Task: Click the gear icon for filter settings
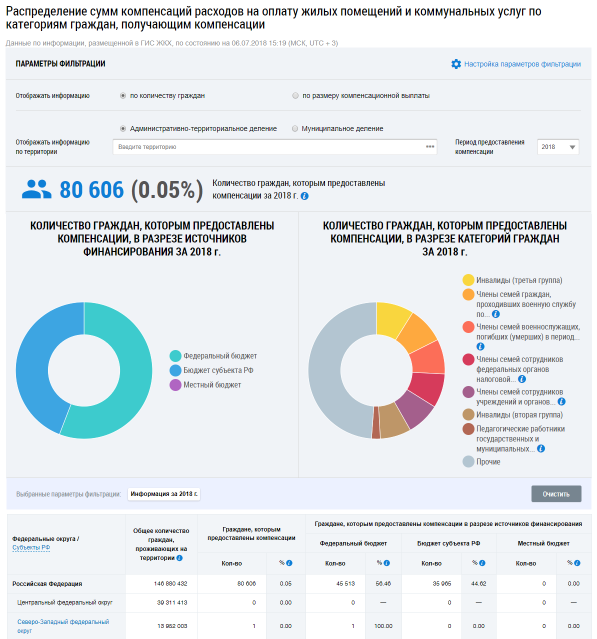click(x=456, y=64)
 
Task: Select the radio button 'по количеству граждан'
click(x=123, y=95)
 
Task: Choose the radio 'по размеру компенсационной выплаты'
click(x=295, y=95)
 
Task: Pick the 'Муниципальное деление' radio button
click(x=295, y=128)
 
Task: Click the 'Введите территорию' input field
click(x=270, y=147)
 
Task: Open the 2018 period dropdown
click(x=558, y=147)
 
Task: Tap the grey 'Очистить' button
click(x=556, y=494)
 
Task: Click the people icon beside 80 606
click(x=36, y=189)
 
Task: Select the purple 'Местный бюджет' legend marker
click(x=175, y=385)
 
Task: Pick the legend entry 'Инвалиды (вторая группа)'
click(x=519, y=415)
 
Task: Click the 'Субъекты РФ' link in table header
click(x=31, y=547)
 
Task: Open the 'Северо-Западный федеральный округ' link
click(x=63, y=626)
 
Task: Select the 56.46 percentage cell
click(x=383, y=583)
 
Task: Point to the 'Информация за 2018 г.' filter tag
click(x=164, y=494)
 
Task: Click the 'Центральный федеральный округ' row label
click(x=65, y=602)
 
